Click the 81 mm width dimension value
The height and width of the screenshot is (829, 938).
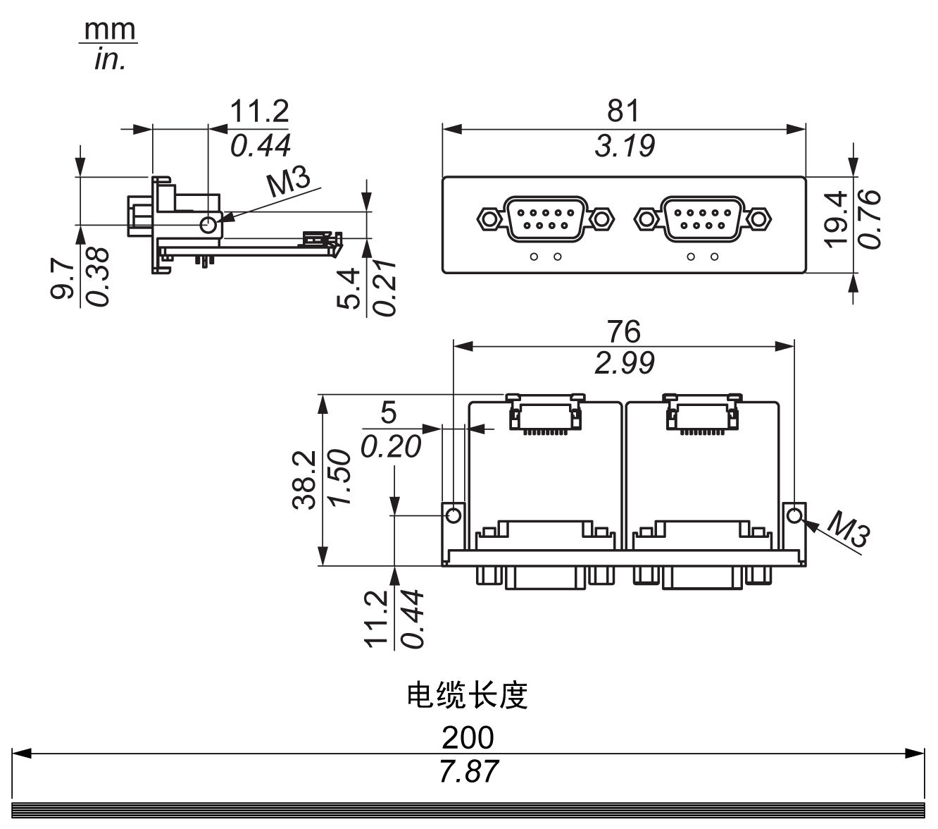pyautogui.click(x=623, y=111)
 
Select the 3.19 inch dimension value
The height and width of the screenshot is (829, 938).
pyautogui.click(x=624, y=146)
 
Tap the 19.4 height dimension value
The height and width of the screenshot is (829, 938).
pyautogui.click(x=836, y=219)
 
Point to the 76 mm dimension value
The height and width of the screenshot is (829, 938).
pyautogui.click(x=623, y=331)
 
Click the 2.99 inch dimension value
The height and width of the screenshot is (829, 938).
pyautogui.click(x=624, y=363)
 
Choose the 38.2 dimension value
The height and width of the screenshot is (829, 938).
pyautogui.click(x=306, y=480)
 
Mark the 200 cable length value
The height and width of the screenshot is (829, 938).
pyautogui.click(x=468, y=738)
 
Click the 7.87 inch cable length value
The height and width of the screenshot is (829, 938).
pyautogui.click(x=468, y=771)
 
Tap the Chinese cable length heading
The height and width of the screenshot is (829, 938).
pyautogui.click(x=468, y=696)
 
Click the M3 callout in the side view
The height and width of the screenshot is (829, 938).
pyautogui.click(x=289, y=183)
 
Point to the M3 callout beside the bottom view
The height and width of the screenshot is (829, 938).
pyautogui.click(x=848, y=530)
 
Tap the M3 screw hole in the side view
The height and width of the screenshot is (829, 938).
pyautogui.click(x=209, y=225)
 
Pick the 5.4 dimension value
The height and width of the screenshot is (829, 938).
pyautogui.click(x=349, y=289)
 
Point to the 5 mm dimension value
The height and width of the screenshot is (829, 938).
pyautogui.click(x=388, y=412)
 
